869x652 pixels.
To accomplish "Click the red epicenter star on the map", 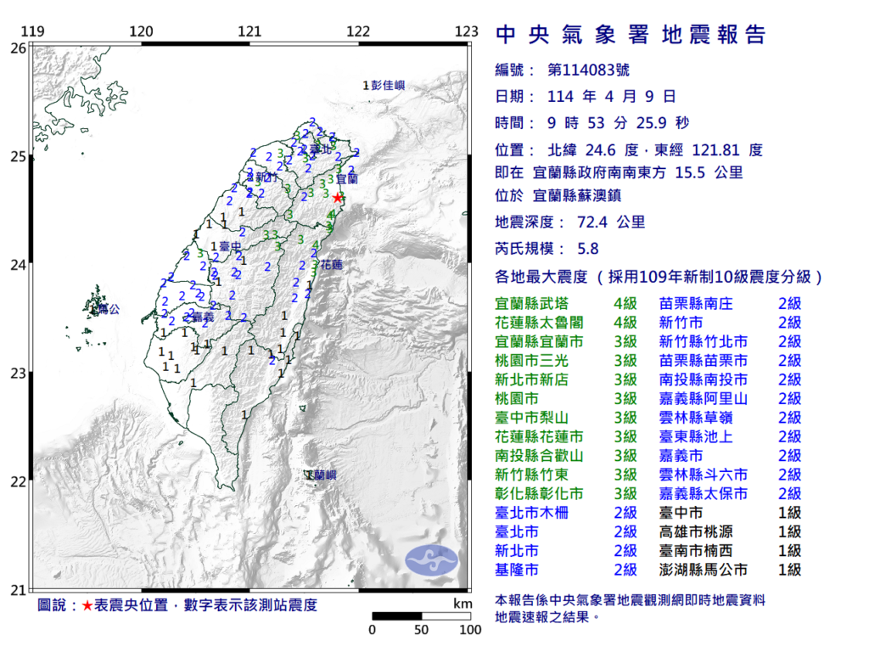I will (338, 197).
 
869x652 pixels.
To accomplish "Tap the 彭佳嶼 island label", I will (388, 85).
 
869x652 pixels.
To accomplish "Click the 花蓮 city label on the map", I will (330, 265).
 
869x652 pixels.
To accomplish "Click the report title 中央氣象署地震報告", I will (630, 35).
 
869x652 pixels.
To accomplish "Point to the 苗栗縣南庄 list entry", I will (696, 303).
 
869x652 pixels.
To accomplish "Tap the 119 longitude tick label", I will (32, 31).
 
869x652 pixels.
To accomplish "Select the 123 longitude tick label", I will (467, 31).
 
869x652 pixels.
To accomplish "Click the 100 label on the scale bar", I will (469, 630).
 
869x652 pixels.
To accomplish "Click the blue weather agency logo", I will (431, 559).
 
